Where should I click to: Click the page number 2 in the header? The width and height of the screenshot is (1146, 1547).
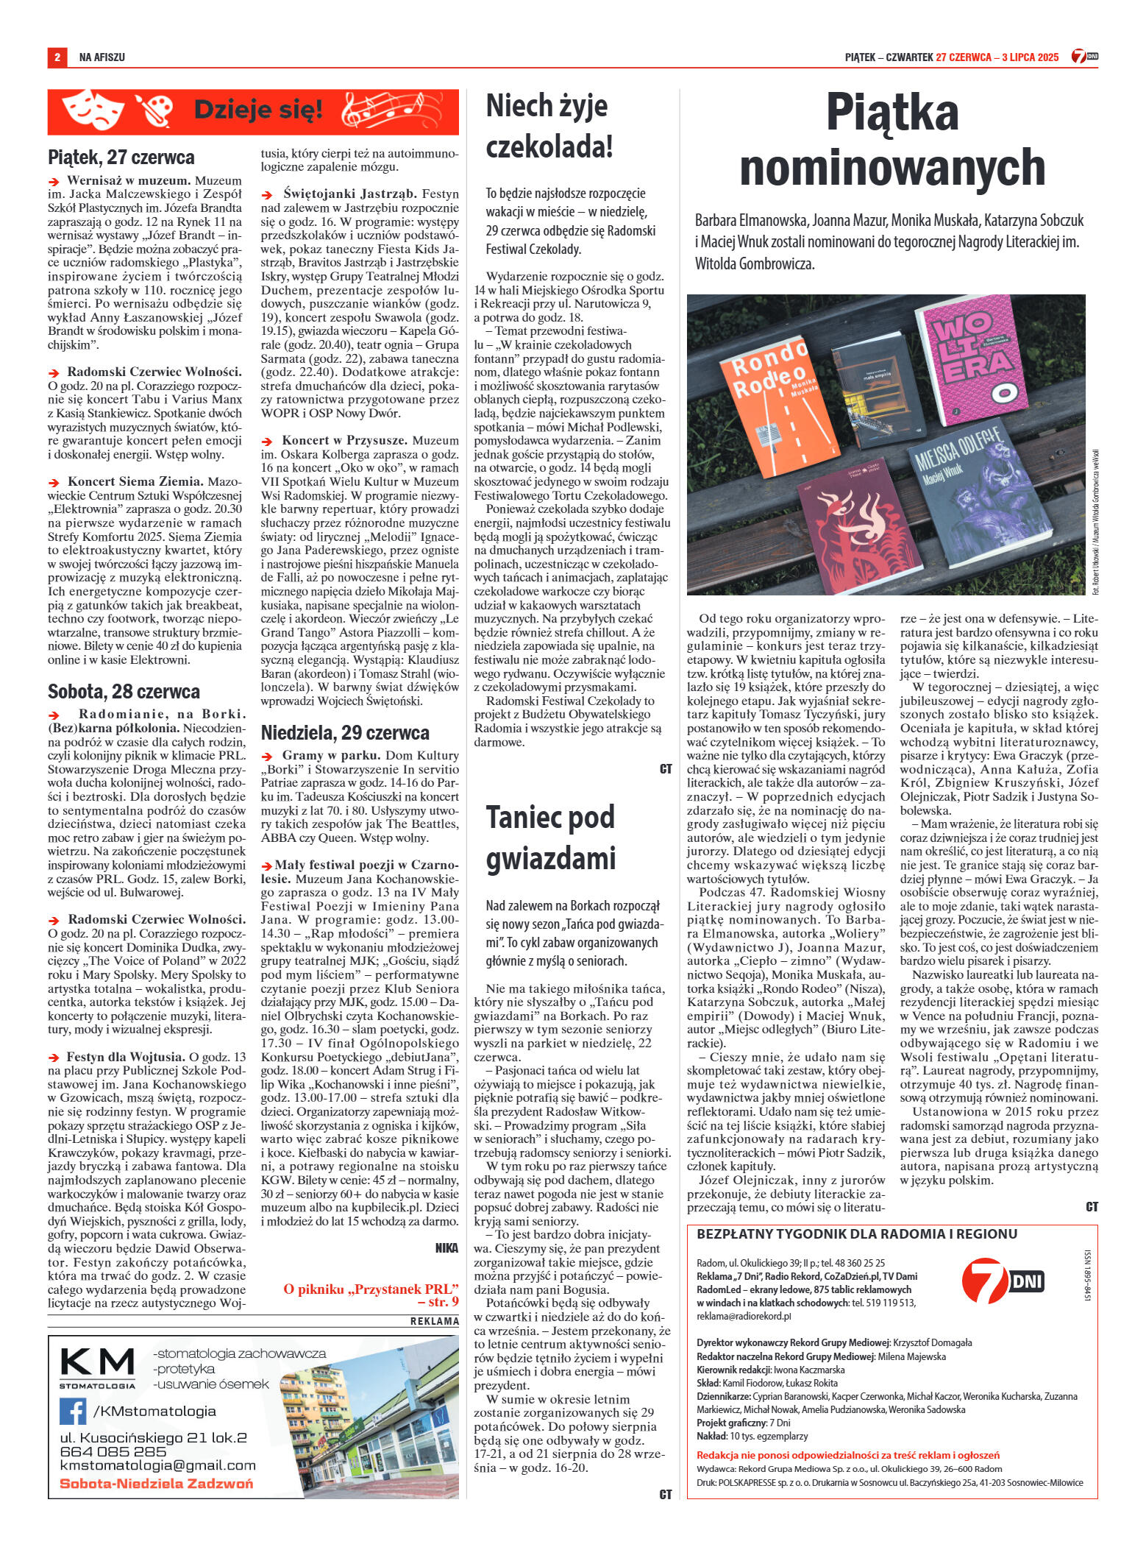click(x=57, y=57)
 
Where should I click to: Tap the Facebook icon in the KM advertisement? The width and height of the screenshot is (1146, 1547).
click(x=74, y=1410)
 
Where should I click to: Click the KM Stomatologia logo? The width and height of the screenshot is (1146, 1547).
click(x=97, y=1366)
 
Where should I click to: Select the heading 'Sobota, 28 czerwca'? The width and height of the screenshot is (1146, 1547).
click(x=124, y=692)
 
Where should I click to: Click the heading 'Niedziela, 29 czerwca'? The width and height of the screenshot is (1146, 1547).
click(x=345, y=732)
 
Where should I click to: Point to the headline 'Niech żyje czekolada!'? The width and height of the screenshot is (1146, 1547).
click(x=549, y=127)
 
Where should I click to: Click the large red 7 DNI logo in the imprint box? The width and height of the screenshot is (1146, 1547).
click(x=1003, y=1282)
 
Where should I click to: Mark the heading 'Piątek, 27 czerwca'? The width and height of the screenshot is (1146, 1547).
click(x=121, y=157)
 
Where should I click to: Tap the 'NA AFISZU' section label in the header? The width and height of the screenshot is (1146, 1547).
click(x=102, y=57)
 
